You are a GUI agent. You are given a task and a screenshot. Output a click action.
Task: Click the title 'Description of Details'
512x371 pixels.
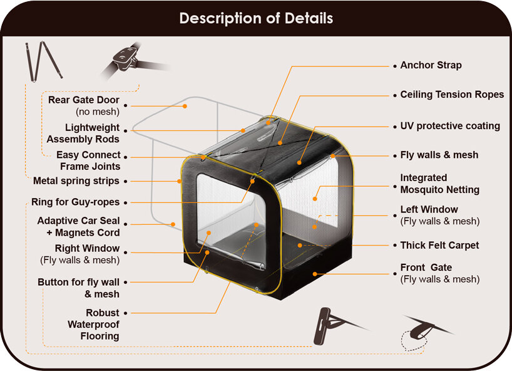pos(256,18)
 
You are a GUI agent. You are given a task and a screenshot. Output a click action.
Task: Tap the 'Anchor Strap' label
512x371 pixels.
pos(431,65)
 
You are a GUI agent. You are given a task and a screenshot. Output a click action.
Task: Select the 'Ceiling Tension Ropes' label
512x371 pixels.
pos(452,95)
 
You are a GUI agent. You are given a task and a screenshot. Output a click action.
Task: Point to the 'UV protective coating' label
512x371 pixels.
pos(450,126)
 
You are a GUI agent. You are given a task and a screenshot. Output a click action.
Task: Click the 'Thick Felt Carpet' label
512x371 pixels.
pos(439,245)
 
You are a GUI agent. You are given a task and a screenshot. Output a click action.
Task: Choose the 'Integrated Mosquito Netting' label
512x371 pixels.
pos(439,184)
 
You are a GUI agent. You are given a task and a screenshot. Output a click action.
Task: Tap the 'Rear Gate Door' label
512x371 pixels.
pos(84,106)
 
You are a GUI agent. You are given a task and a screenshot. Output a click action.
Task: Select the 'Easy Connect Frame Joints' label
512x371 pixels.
pos(88,161)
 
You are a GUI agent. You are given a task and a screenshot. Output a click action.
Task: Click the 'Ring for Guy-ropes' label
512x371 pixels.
pos(75,202)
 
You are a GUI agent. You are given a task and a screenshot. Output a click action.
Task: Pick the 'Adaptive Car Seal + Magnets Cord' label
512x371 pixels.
pos(78,227)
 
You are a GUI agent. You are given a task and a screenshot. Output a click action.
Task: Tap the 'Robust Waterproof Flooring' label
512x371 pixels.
pos(94,324)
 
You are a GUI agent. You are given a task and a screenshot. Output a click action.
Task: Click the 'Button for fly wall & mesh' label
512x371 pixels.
pos(79,288)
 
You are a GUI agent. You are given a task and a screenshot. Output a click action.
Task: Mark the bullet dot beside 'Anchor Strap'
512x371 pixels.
pos(394,66)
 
